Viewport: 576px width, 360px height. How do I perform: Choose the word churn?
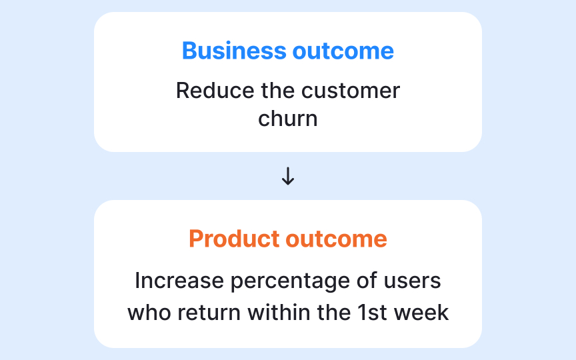(x=287, y=119)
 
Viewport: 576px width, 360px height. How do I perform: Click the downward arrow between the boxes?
(x=288, y=176)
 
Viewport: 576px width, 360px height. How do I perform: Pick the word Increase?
(x=179, y=281)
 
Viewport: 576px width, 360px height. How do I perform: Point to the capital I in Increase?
(x=137, y=281)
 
